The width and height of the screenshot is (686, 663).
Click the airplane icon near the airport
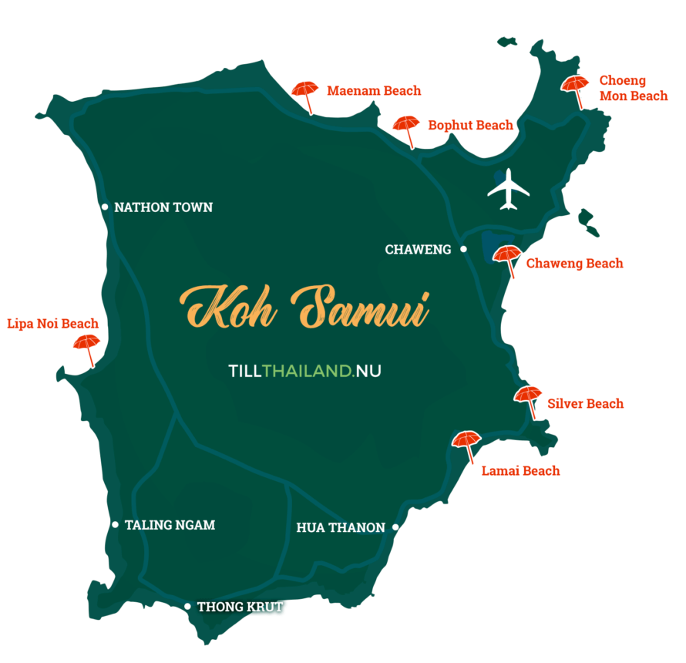509,189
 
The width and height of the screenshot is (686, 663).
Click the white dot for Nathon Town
105,207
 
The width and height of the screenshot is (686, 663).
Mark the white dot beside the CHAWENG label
463,249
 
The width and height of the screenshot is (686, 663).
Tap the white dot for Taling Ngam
116,525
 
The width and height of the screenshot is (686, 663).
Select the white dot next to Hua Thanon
395,528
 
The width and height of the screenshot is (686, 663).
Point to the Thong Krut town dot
187,607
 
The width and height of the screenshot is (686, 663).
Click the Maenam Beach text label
374,91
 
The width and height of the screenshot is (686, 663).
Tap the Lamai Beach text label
520,470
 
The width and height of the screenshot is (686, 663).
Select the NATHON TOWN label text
163,207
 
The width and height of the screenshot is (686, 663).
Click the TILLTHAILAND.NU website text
305,371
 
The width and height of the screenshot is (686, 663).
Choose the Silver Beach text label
586,404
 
